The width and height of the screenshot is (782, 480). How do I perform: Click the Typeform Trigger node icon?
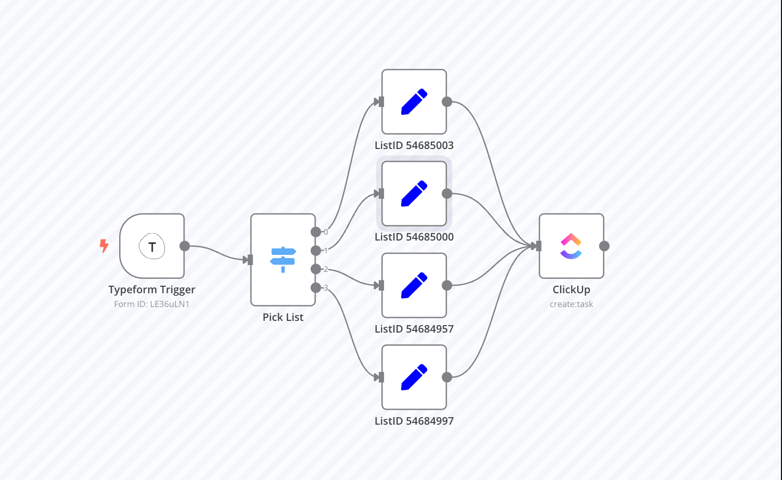coord(152,246)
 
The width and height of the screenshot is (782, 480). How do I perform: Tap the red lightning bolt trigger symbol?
coord(104,245)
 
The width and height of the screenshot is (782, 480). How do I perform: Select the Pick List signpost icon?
coord(283,259)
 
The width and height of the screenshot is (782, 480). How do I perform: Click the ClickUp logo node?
coord(571,246)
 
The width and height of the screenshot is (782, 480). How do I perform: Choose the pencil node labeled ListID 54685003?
coord(414,102)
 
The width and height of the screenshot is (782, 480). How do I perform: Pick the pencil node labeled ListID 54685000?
coord(414,194)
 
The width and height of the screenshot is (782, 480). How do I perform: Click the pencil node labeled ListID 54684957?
coord(414,285)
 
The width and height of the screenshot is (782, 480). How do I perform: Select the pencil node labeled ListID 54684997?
coord(414,377)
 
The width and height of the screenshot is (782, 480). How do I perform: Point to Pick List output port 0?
coord(316,232)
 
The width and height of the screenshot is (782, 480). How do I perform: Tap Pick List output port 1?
coord(316,251)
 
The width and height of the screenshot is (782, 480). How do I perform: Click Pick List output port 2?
coord(316,269)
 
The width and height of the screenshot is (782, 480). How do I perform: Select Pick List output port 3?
coord(316,288)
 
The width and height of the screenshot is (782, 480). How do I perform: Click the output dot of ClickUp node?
coord(604,246)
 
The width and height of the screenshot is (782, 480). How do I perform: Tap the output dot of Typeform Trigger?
coord(185,246)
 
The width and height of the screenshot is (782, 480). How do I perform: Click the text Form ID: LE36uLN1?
coord(152,304)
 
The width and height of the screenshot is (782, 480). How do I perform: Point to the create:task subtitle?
coord(571,304)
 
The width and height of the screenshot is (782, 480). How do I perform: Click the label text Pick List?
coord(283,317)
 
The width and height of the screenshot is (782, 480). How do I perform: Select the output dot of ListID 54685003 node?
coord(447,102)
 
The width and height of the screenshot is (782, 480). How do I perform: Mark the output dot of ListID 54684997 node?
coord(447,377)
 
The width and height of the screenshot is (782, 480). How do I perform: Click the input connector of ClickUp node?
coord(538,246)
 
